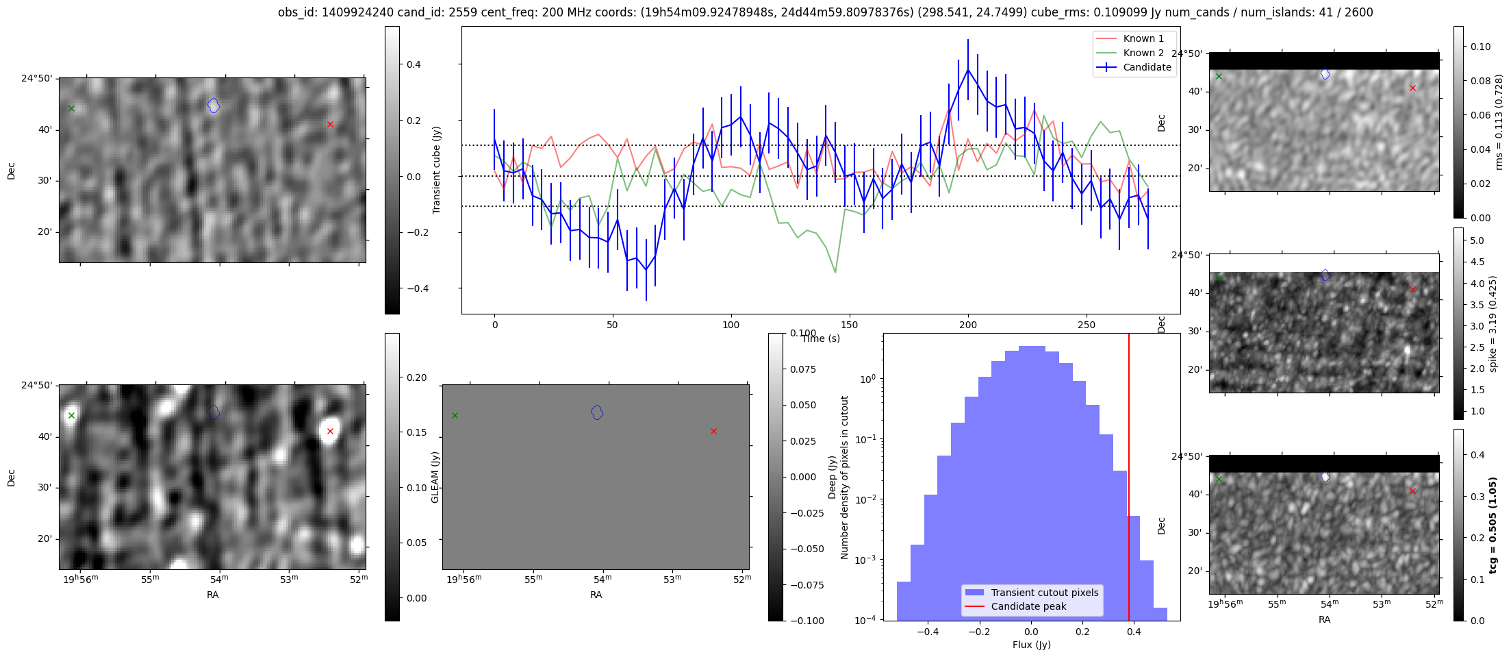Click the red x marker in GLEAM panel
click(x=713, y=431)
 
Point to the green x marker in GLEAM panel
click(x=455, y=415)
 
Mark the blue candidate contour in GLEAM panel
click(x=597, y=412)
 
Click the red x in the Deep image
click(x=330, y=431)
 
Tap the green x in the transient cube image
click(x=71, y=108)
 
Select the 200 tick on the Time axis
click(x=967, y=325)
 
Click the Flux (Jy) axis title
click(x=1031, y=645)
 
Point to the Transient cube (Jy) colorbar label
click(x=437, y=170)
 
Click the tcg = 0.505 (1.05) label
click(x=1493, y=525)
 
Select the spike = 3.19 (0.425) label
click(x=1493, y=323)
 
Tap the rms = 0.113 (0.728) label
click(x=1499, y=122)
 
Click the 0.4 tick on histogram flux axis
click(x=1134, y=632)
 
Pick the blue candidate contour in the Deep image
click(x=214, y=412)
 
